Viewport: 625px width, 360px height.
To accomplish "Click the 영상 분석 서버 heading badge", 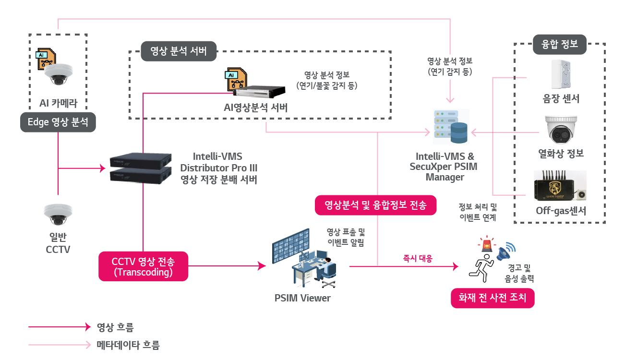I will [x=179, y=51].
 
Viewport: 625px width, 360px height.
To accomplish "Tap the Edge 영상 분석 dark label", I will [x=58, y=122].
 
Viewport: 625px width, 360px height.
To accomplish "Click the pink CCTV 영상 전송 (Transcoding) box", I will [x=143, y=266].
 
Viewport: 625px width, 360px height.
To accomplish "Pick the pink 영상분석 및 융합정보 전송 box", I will [x=375, y=205].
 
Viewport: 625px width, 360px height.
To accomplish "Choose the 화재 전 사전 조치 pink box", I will [x=493, y=298].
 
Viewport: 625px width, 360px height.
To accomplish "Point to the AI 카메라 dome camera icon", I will [x=58, y=74].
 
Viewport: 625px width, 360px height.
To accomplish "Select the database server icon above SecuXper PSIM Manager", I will [x=451, y=127].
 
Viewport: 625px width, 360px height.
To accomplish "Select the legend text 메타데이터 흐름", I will [x=128, y=345].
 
